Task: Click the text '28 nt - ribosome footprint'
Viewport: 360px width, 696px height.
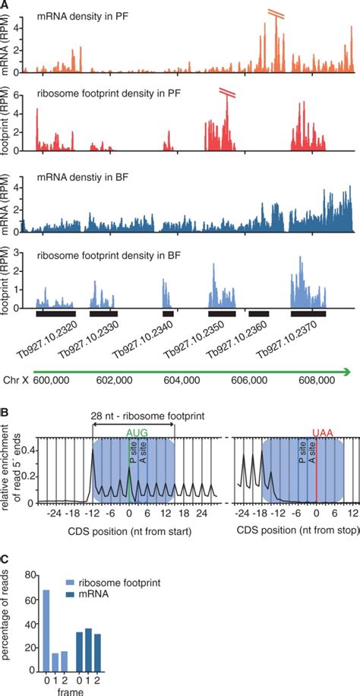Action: tap(133, 416)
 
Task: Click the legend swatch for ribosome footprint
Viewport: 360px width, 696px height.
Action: tap(74, 584)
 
